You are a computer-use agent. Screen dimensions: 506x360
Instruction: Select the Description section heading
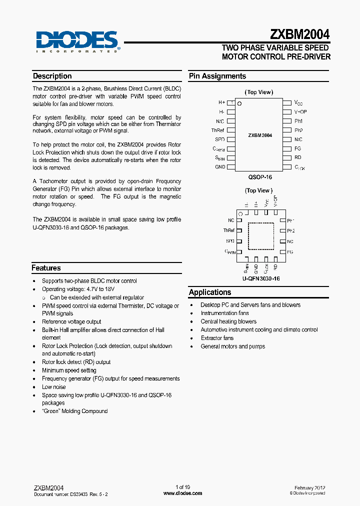52,76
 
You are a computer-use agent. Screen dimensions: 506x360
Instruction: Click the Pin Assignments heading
217,76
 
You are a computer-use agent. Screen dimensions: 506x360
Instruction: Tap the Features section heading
46,268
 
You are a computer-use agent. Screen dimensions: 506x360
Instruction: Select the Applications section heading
210,292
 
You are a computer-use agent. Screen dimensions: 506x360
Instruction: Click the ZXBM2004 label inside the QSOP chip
260,135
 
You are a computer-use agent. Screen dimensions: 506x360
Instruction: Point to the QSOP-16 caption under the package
260,177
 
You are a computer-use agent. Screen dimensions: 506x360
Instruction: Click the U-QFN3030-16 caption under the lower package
260,278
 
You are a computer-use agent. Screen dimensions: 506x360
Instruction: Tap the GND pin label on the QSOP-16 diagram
220,167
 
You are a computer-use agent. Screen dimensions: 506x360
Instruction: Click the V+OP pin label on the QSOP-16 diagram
300,112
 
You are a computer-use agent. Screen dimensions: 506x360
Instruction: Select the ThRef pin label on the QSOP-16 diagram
218,130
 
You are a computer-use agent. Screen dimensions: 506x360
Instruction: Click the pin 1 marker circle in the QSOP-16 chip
239,104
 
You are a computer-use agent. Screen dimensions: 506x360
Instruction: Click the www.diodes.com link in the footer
182,493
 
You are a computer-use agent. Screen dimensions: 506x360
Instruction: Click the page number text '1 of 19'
182,487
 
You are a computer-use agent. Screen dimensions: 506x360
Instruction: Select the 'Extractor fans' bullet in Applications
217,338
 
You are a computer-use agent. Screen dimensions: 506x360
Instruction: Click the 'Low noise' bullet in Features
53,386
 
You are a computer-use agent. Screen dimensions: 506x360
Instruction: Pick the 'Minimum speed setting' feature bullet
69,370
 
